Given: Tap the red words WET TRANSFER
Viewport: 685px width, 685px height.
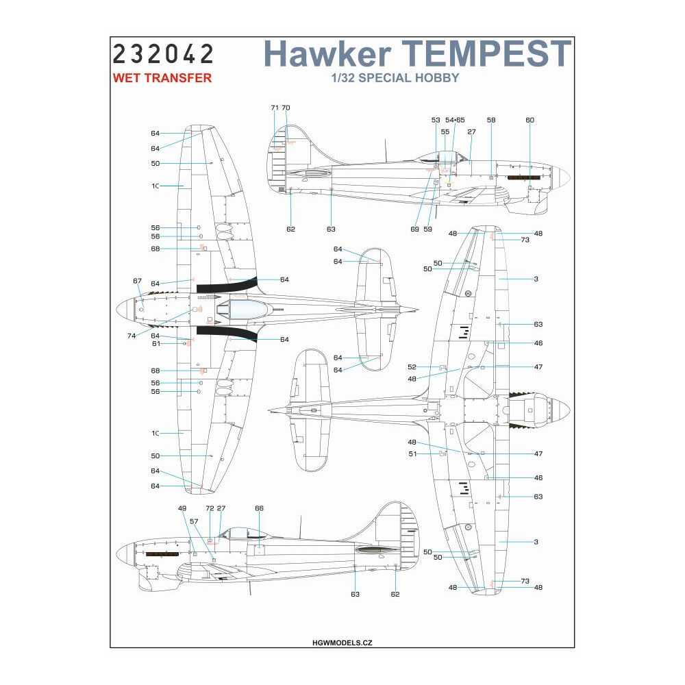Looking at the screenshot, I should [x=162, y=78].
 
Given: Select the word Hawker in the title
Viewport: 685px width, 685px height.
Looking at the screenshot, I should [x=328, y=54].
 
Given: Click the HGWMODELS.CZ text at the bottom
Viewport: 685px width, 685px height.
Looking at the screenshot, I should [x=340, y=643].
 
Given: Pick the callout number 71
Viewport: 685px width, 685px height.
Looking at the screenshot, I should [x=275, y=108].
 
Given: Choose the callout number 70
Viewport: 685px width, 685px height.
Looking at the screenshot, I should [x=286, y=108].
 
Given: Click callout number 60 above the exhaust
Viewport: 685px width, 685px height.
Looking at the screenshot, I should [x=530, y=120].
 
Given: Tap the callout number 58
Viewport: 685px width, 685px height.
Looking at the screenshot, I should [x=491, y=120].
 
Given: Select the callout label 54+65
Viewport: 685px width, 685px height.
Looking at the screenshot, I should [x=455, y=120].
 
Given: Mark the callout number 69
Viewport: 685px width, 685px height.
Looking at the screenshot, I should [x=414, y=229].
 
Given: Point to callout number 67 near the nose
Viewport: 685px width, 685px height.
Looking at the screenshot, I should [x=137, y=281].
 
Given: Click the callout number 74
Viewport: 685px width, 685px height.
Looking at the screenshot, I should [x=131, y=336].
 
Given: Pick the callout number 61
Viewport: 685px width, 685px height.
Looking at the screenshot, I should [x=155, y=344].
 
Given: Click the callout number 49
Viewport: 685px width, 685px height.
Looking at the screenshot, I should [x=182, y=509].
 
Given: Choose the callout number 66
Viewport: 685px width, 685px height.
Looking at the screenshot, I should [x=259, y=509].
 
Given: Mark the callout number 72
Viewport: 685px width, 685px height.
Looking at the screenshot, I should [x=210, y=509].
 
